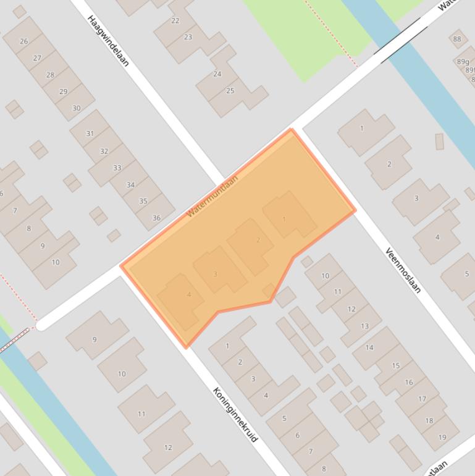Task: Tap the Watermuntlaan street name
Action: (x=212, y=195)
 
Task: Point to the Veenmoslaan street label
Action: (x=403, y=270)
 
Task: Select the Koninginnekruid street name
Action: (x=235, y=414)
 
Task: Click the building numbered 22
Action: (x=175, y=21)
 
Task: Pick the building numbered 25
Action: (x=230, y=91)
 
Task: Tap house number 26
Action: (x=24, y=41)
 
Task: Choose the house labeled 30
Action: (x=77, y=108)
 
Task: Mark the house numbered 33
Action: (x=117, y=168)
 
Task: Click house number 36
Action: (x=156, y=218)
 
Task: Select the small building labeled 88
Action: (x=457, y=39)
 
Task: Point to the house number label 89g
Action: (x=463, y=62)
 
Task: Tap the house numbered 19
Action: (x=442, y=437)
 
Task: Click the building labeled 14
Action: (x=369, y=347)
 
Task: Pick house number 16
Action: (x=409, y=382)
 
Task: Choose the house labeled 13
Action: (x=364, y=326)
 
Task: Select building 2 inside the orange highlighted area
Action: (x=258, y=240)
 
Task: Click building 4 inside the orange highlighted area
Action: (x=189, y=294)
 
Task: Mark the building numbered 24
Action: (x=217, y=74)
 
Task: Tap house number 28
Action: (x=50, y=75)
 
